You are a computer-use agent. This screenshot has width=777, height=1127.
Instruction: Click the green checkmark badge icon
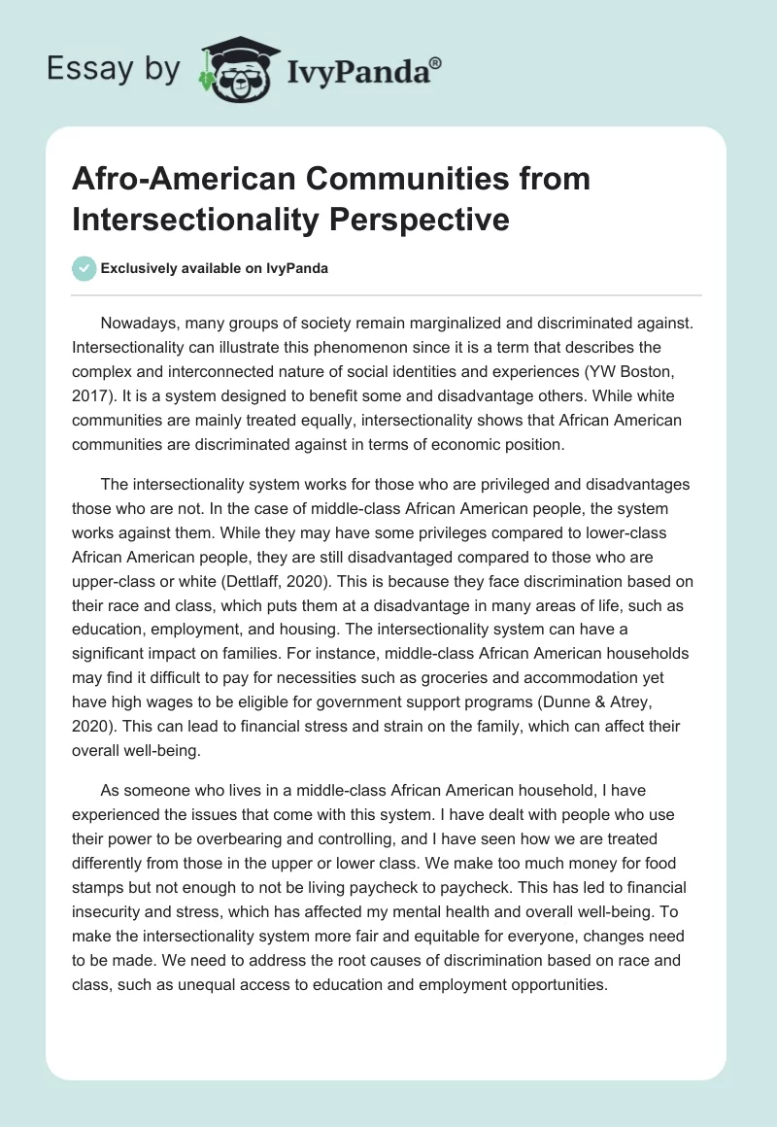pos(84,269)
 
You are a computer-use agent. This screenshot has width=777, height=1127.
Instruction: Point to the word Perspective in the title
pos(422,220)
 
